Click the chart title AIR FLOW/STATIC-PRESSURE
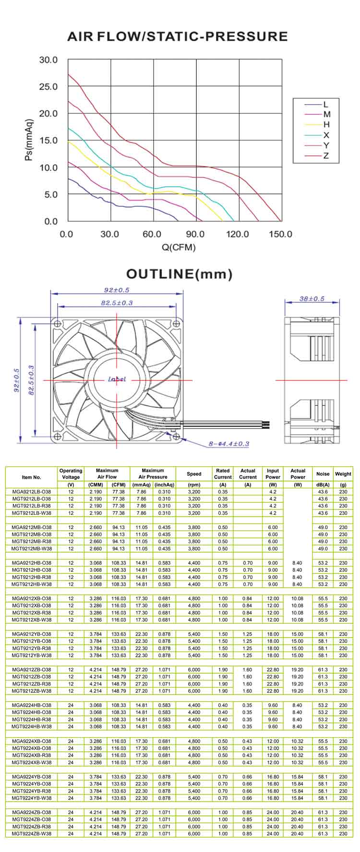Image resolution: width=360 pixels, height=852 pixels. click(178, 36)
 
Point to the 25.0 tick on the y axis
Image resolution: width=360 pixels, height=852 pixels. click(48, 87)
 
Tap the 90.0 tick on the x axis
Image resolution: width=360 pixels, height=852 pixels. click(195, 234)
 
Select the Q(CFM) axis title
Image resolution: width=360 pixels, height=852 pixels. click(179, 248)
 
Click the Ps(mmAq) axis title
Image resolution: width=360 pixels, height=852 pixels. click(29, 140)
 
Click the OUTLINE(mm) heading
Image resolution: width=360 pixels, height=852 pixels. click(179, 274)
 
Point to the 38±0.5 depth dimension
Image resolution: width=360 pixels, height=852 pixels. click(312, 299)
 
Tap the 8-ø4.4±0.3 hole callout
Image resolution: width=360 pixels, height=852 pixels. click(228, 444)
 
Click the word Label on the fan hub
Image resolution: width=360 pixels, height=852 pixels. click(117, 379)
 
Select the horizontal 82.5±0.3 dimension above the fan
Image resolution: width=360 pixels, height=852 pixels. click(117, 303)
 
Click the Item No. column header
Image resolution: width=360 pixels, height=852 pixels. click(32, 477)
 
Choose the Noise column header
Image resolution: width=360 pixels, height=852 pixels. click(323, 474)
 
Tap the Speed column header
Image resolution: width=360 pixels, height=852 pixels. click(194, 474)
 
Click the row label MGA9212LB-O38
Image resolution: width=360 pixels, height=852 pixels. click(32, 492)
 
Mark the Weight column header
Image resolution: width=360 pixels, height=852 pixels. click(343, 474)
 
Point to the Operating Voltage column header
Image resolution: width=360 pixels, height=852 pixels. click(71, 474)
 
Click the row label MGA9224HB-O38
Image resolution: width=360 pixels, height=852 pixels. click(32, 705)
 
